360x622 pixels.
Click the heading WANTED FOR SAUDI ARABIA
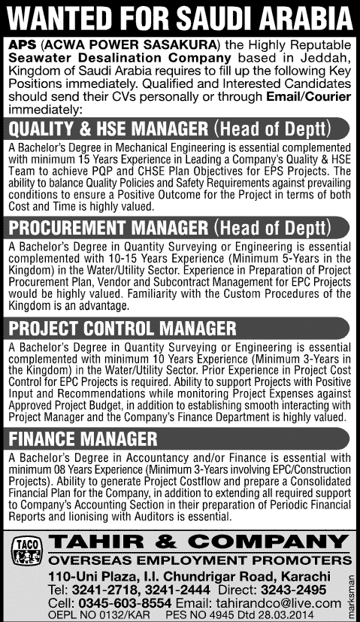click(x=180, y=17)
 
